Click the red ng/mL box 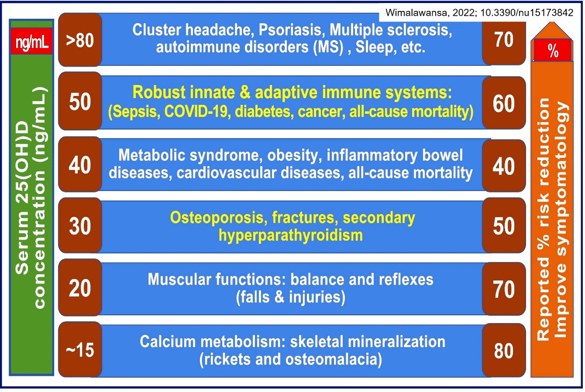31,41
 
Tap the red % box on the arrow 552,50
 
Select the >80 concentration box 80,40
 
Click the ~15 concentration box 80,350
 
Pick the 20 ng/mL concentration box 80,287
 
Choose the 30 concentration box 80,225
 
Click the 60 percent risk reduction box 504,103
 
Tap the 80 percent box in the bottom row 504,350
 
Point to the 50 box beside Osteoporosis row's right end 504,225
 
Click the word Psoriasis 290,30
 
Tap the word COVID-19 198,112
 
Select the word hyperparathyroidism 291,236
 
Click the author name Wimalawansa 416,13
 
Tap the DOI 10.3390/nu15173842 527,13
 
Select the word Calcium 167,342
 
